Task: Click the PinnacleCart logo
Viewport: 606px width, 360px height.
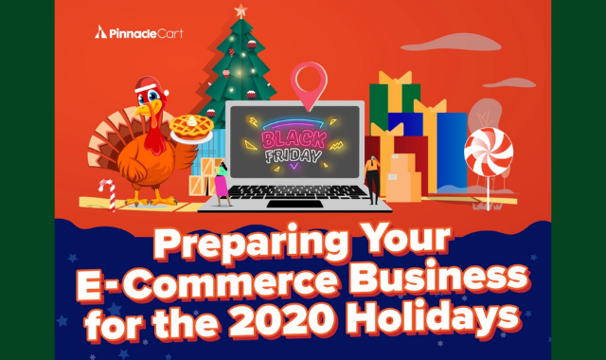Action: (139, 33)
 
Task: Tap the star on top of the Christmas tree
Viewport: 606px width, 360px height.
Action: (241, 10)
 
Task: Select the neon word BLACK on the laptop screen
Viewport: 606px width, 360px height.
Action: (294, 139)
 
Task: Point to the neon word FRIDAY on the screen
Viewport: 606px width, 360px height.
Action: (294, 155)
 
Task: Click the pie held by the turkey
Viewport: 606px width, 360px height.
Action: (191, 128)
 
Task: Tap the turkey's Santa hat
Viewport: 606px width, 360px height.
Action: (150, 85)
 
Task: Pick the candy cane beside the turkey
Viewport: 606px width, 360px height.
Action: (108, 195)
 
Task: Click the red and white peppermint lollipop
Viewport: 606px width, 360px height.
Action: (489, 152)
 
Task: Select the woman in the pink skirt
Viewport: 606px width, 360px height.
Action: (222, 184)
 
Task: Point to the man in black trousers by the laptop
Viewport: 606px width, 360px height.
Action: (372, 180)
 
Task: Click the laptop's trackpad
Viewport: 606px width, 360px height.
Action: (295, 204)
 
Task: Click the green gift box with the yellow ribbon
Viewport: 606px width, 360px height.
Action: (394, 99)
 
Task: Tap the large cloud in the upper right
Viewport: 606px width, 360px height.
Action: (451, 43)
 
